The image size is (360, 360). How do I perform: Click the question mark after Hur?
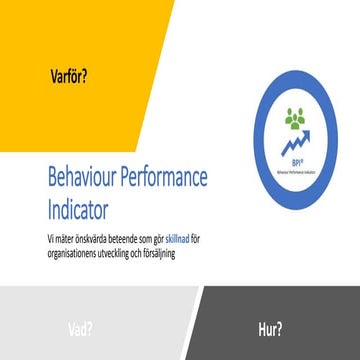pyautogui.click(x=278, y=326)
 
